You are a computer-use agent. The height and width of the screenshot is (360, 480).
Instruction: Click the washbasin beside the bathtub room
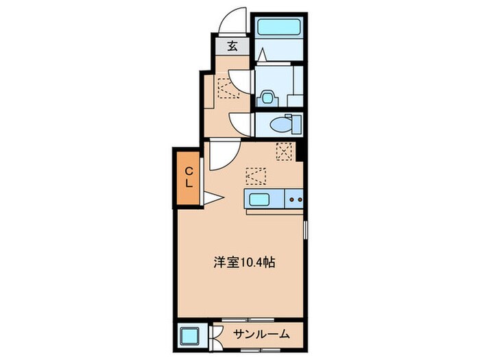(x=267, y=97)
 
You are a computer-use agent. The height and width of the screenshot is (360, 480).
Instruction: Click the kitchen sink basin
(x=260, y=199)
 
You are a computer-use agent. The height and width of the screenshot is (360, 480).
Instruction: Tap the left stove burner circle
(x=291, y=200)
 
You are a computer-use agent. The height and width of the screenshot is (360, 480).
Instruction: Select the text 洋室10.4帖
(x=239, y=261)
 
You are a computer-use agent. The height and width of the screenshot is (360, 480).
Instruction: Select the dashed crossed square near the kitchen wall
(x=284, y=151)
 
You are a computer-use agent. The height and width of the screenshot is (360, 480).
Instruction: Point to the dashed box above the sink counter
(x=255, y=176)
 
